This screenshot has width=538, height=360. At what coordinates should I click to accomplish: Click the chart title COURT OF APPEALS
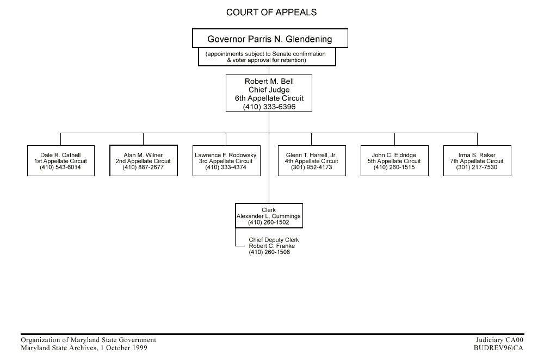pyautogui.click(x=271, y=12)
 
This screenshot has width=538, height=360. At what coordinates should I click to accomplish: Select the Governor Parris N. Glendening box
pyautogui.click(x=269, y=39)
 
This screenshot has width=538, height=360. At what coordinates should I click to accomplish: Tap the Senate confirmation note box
pyautogui.click(x=267, y=57)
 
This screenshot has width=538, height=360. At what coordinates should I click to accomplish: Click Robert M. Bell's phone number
pyautogui.click(x=269, y=107)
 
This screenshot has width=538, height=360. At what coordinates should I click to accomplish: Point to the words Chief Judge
pyautogui.click(x=269, y=90)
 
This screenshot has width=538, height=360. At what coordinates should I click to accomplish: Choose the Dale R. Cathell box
pyautogui.click(x=61, y=161)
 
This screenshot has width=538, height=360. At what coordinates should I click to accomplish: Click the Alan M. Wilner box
pyautogui.click(x=143, y=161)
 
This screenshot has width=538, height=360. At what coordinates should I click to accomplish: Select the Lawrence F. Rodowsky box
pyautogui.click(x=226, y=161)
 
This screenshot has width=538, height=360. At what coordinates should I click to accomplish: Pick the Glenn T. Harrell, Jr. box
pyautogui.click(x=312, y=161)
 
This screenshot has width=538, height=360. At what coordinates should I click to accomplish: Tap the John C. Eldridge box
pyautogui.click(x=394, y=161)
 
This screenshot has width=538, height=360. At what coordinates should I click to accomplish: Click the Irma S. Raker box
pyautogui.click(x=477, y=161)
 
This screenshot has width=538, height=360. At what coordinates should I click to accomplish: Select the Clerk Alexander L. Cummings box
pyautogui.click(x=268, y=216)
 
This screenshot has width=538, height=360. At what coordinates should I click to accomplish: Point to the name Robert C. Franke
pyautogui.click(x=271, y=246)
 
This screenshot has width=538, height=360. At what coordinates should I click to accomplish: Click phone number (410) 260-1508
pyautogui.click(x=269, y=252)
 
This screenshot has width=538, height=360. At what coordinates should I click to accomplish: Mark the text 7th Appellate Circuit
pyautogui.click(x=477, y=162)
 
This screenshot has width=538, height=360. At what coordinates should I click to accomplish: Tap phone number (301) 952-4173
pyautogui.click(x=312, y=167)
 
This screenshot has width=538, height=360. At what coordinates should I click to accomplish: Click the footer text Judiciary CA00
pyautogui.click(x=499, y=340)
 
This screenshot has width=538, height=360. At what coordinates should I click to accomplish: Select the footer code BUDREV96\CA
pyautogui.click(x=498, y=347)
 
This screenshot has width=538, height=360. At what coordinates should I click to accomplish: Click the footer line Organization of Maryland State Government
pyautogui.click(x=88, y=340)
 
